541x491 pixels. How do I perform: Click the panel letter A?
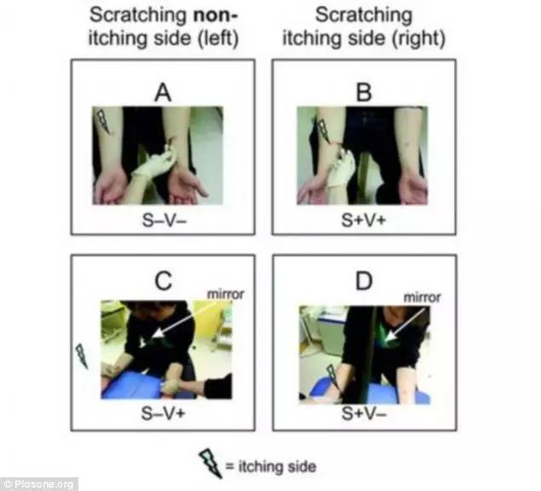163,93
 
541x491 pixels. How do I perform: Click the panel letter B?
364,92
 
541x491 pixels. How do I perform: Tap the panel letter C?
163,281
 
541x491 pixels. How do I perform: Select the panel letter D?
364,281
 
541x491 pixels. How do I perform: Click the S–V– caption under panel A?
164,220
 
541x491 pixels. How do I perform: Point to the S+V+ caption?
364,220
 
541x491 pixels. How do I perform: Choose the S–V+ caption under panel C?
163,413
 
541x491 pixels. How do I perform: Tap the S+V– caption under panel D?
364,413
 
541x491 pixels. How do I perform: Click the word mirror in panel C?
225,295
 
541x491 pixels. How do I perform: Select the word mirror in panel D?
422,297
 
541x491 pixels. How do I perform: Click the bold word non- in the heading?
216,15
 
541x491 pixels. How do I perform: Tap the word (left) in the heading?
218,38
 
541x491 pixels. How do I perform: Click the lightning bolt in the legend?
211,463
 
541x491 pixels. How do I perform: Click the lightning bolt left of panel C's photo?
82,356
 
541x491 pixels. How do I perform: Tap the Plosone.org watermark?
39,484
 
